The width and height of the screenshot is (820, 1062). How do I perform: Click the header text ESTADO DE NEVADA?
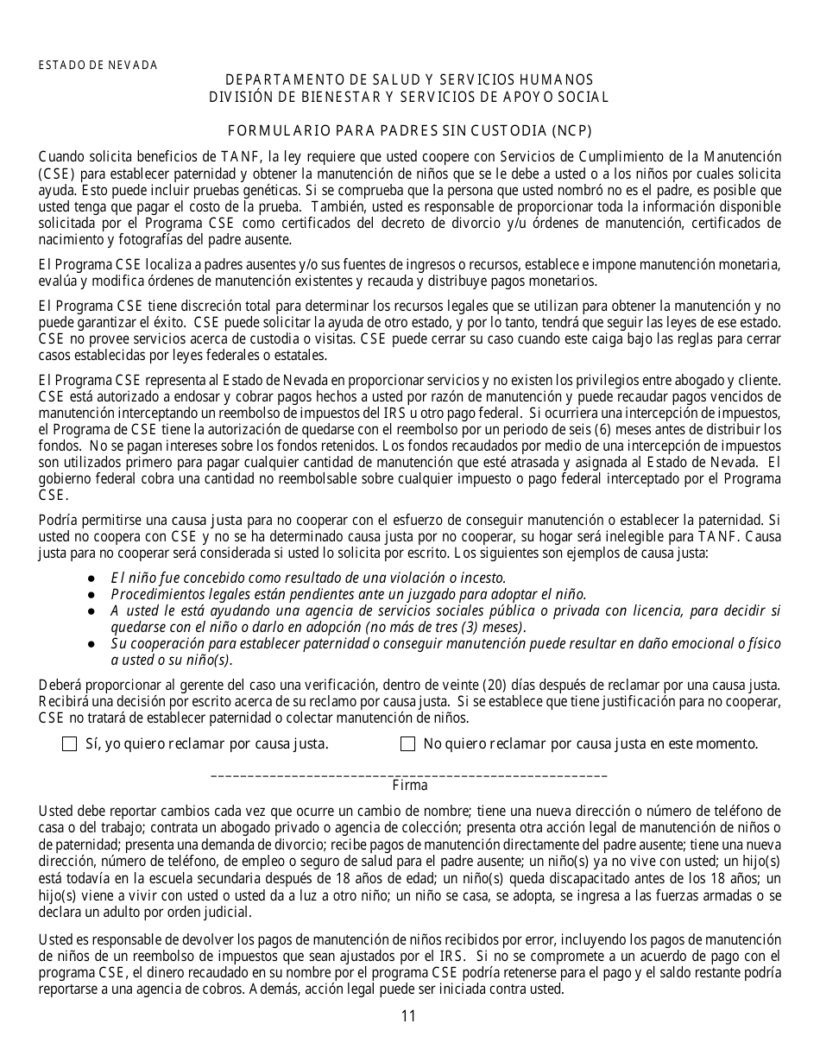(x=98, y=66)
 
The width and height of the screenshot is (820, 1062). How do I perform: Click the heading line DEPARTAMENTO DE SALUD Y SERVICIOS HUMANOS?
(x=409, y=80)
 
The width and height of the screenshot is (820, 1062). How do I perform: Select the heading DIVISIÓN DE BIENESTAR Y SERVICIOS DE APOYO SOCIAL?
(x=409, y=97)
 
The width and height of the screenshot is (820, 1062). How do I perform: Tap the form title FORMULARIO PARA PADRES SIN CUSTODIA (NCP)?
(x=409, y=131)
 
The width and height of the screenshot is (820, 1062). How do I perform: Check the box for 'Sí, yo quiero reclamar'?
(x=70, y=744)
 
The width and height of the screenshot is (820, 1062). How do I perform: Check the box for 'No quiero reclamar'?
(x=408, y=744)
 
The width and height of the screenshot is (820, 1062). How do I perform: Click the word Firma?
(x=409, y=787)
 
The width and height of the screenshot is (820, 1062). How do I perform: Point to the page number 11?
(x=409, y=1016)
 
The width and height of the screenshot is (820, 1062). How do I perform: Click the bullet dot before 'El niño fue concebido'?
(x=91, y=578)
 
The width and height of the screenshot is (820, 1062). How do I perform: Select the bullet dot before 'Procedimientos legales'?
(x=91, y=595)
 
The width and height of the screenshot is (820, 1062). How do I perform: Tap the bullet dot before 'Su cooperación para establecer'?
(x=91, y=644)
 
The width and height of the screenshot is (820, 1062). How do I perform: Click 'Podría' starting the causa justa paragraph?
(x=58, y=520)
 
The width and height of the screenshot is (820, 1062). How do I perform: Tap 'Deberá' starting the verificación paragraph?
(x=59, y=686)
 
